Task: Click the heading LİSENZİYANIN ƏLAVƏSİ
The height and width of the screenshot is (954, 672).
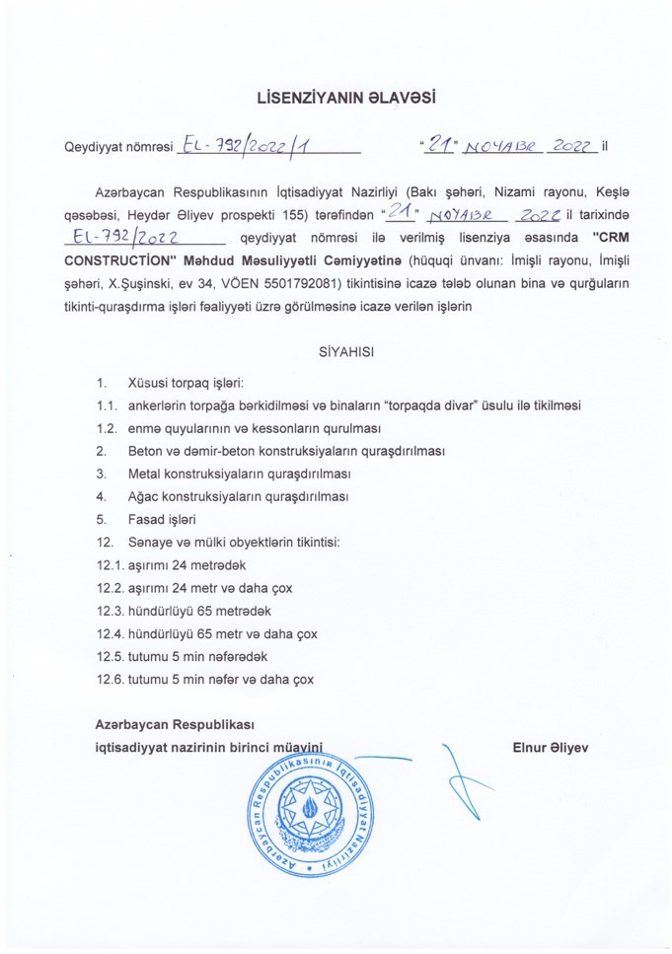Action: point(336,99)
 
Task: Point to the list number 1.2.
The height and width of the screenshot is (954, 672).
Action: point(108,429)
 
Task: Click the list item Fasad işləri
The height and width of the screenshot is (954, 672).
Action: point(163,519)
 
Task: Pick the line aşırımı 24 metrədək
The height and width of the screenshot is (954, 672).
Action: point(187,564)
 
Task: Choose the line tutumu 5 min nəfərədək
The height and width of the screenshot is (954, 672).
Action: point(197,655)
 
